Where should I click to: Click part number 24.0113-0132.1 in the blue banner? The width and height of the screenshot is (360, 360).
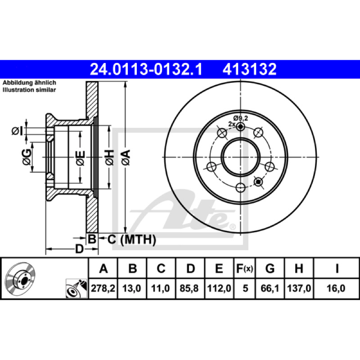(x=146, y=69)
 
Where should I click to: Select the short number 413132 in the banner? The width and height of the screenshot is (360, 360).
(x=249, y=69)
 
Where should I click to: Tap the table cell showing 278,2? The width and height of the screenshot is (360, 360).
(x=103, y=288)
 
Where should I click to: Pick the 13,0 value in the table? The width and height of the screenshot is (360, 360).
(x=131, y=288)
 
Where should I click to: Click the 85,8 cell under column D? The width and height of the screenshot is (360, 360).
(x=189, y=288)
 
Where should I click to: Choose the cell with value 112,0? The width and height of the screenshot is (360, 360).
(x=219, y=288)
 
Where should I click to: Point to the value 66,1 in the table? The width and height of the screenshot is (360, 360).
(x=270, y=288)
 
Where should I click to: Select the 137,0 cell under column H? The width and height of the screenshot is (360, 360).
(x=299, y=288)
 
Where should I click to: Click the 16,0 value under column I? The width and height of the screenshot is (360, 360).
(x=336, y=288)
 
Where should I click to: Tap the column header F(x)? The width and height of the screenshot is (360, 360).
(x=244, y=268)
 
